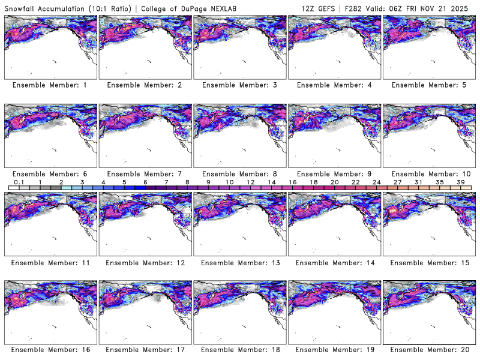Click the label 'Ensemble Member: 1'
(x=50, y=85)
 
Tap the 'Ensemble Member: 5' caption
(x=428, y=85)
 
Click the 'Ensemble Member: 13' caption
(x=239, y=262)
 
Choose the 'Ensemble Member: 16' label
(x=50, y=350)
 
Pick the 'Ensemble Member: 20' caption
(x=428, y=350)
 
